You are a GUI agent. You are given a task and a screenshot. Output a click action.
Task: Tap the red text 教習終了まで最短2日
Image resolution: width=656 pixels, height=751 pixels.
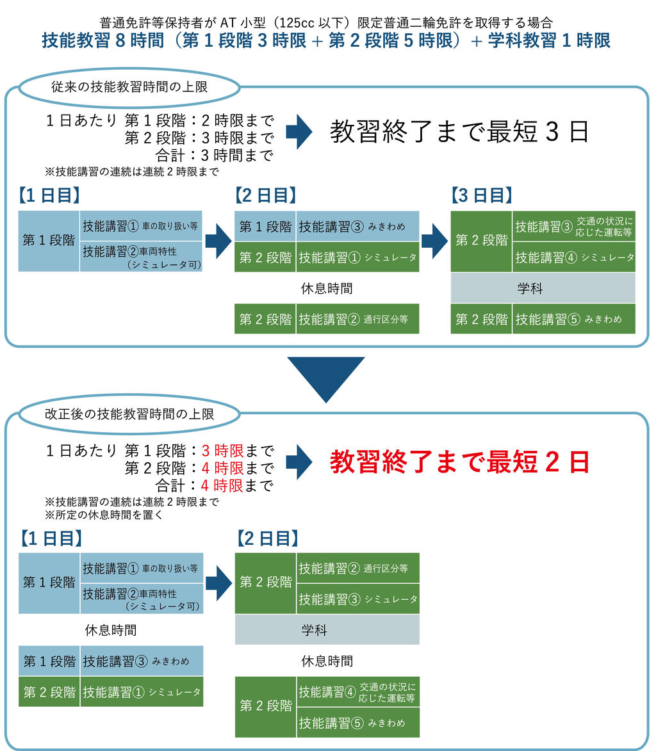coord(459,462)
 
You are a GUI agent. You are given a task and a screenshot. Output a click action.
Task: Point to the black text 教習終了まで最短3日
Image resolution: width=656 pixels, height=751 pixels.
coord(459,131)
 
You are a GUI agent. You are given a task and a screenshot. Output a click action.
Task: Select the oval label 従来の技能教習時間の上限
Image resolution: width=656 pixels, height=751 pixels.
coord(129,87)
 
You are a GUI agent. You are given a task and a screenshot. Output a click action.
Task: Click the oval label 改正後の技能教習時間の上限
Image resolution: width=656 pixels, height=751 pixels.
coord(129,414)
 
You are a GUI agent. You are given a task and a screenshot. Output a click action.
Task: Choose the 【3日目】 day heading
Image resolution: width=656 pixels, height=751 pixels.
coord(482,195)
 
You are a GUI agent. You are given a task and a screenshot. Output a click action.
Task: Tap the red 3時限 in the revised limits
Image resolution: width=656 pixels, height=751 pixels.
coord(222,451)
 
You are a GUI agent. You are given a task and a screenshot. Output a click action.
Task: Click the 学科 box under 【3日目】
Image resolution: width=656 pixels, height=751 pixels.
coord(543,288)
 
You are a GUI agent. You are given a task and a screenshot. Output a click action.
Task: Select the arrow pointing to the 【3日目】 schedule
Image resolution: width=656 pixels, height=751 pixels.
coord(434,241)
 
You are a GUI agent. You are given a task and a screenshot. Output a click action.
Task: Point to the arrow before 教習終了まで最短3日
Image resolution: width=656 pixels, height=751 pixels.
coord(299,131)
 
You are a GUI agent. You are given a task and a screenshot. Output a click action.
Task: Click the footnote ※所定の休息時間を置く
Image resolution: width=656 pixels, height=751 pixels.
coord(104,515)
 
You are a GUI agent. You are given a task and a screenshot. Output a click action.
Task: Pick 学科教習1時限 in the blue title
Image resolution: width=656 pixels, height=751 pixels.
coord(549,40)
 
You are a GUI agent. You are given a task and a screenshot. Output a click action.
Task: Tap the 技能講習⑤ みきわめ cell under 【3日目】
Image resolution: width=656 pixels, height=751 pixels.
coord(574,319)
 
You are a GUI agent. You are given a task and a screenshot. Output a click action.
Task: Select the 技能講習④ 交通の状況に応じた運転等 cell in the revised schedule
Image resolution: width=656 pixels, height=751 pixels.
coord(358,692)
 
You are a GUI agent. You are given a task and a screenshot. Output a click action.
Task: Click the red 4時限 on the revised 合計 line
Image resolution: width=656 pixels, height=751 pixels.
coord(222,486)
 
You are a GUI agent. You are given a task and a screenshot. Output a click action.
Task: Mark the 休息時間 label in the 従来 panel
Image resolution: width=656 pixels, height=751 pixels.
coord(327,288)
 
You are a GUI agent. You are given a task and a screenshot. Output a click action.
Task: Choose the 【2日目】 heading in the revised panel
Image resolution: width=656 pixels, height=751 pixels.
coord(268,538)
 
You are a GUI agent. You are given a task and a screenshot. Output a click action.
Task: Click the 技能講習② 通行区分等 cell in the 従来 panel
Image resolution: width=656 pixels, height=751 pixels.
coord(357,319)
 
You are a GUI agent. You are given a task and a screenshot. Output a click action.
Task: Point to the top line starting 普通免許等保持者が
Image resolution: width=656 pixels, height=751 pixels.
coord(326,22)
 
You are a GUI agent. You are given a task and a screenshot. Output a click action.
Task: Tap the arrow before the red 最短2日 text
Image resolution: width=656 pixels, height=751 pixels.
coord(299,462)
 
